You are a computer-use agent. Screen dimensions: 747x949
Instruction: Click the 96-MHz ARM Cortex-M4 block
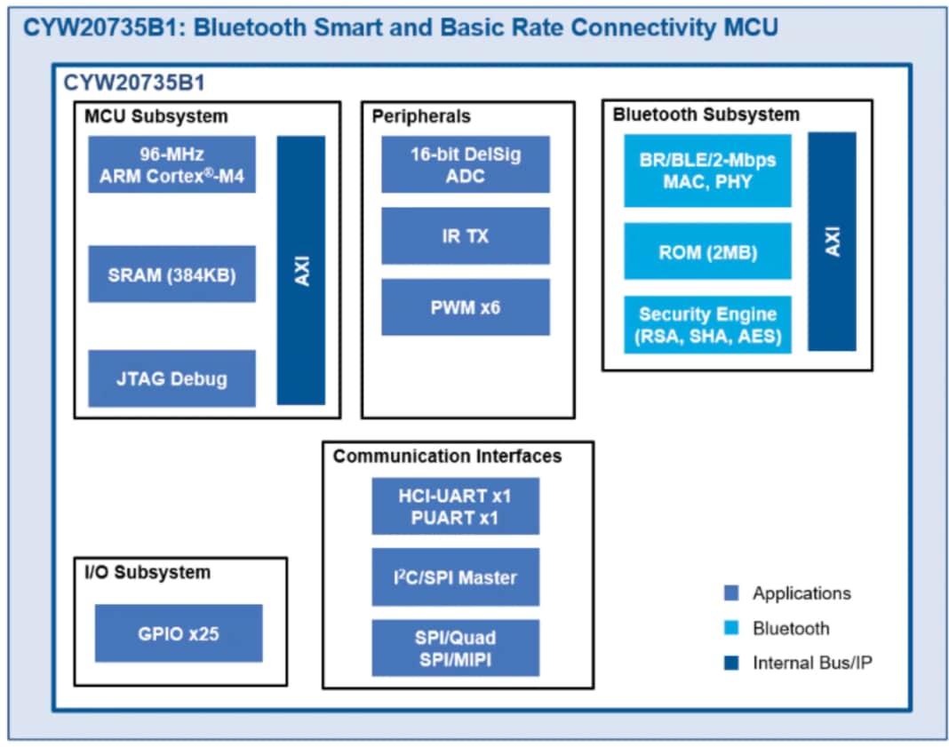click(x=171, y=164)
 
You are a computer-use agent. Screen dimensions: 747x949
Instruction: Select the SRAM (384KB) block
click(x=171, y=274)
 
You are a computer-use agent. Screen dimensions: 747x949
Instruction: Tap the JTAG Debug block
click(x=171, y=378)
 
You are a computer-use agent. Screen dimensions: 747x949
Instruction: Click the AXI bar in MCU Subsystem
click(x=301, y=270)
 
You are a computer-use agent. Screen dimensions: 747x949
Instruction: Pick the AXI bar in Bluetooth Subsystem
click(x=832, y=242)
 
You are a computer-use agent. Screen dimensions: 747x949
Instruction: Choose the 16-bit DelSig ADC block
click(x=466, y=164)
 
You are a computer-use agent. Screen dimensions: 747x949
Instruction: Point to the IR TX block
click(x=466, y=236)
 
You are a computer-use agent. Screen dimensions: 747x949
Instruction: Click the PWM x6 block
click(x=466, y=307)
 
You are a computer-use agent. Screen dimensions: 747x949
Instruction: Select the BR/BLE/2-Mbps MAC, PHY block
click(x=707, y=171)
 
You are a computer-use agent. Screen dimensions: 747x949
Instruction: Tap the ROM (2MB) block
click(x=707, y=252)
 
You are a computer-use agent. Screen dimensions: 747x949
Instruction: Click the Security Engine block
click(x=707, y=325)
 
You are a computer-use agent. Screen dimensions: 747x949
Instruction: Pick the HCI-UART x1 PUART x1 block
click(x=455, y=506)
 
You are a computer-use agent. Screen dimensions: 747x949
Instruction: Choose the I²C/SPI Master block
click(x=455, y=577)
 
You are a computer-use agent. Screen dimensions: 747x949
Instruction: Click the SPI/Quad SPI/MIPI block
click(x=455, y=648)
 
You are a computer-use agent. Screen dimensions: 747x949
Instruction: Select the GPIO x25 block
click(x=179, y=633)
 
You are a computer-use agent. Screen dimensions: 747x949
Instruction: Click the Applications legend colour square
click(x=731, y=593)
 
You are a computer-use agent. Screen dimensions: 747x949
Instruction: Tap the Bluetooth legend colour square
click(x=731, y=628)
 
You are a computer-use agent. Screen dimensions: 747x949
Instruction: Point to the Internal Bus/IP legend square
click(x=731, y=663)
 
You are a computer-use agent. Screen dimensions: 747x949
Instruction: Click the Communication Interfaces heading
click(x=447, y=457)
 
